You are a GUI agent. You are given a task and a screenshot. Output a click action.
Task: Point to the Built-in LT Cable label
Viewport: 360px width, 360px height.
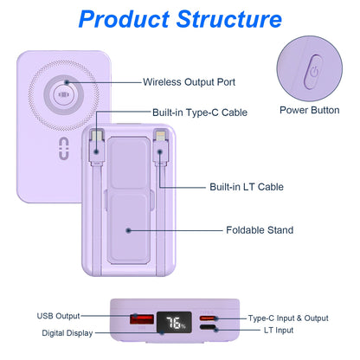(x=246, y=186)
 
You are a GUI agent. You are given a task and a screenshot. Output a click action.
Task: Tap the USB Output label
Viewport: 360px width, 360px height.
(x=59, y=316)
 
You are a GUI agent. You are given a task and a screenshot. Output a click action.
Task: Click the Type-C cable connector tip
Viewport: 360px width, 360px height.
(x=101, y=137)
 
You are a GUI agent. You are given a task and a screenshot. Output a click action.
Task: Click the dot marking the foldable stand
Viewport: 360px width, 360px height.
(x=128, y=230)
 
